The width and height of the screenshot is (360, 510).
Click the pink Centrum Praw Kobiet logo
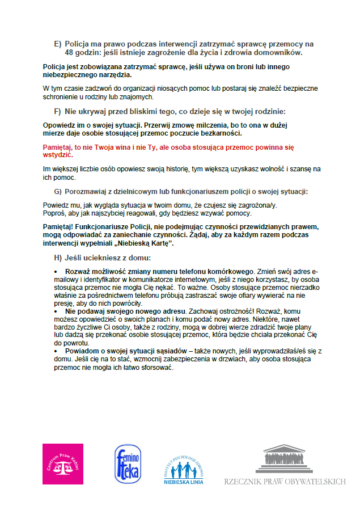click(x=63, y=464)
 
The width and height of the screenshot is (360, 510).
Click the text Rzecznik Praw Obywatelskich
click(x=285, y=482)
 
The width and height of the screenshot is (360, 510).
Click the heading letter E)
click(x=57, y=44)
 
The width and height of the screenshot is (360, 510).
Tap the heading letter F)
click(x=57, y=111)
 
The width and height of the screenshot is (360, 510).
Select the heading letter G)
click(x=58, y=192)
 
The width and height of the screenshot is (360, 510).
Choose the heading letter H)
click(x=58, y=258)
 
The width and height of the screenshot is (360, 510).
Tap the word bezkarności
click(x=221, y=133)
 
